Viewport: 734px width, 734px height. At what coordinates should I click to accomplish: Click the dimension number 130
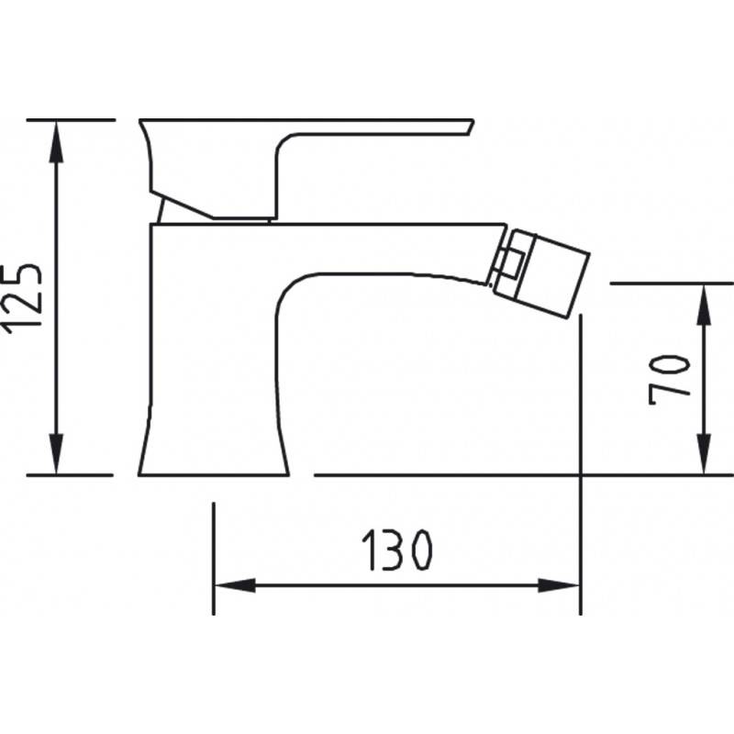pos(397,550)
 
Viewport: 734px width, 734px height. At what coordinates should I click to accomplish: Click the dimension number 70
pos(670,380)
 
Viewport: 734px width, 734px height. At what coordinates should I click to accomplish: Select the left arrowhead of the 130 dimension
pos(235,585)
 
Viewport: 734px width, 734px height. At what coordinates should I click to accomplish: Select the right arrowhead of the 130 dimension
pos(559,585)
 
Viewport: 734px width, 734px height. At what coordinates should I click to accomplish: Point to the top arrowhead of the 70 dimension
pos(704,305)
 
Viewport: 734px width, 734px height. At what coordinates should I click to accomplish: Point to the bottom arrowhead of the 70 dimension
pos(704,453)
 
